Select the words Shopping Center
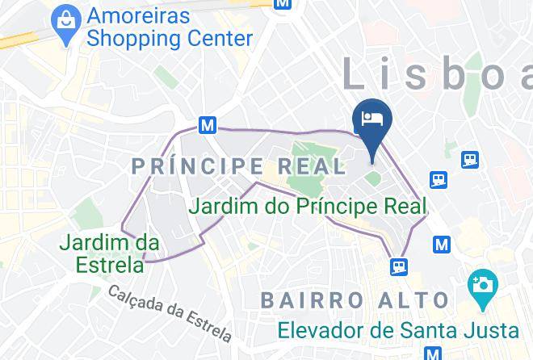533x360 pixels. [170, 37]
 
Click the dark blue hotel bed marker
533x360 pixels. [372, 120]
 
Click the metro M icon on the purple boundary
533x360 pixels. [208, 126]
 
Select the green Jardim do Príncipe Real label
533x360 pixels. [307, 205]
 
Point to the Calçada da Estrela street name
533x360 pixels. [170, 312]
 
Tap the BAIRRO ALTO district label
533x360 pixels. [355, 300]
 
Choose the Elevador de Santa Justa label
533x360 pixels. [398, 330]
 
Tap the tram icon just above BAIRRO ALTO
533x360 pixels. [399, 266]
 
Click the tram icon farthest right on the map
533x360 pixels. [470, 160]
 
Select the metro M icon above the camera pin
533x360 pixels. [441, 243]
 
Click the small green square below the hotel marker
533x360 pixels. [372, 177]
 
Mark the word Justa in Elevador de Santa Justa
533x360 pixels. [495, 330]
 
